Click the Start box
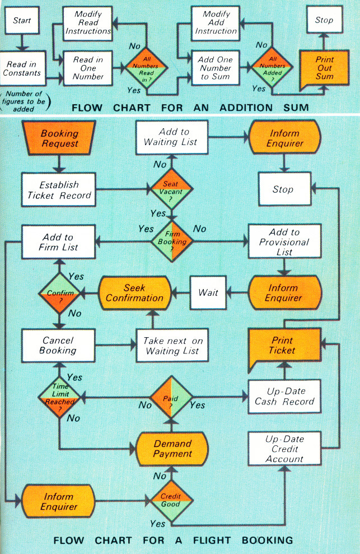22,21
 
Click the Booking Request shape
59,139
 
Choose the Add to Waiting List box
174,138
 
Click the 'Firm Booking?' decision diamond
172,242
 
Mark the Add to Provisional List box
284,242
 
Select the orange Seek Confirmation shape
134,292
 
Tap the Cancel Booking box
58,345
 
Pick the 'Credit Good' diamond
171,499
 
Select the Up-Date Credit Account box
284,449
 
